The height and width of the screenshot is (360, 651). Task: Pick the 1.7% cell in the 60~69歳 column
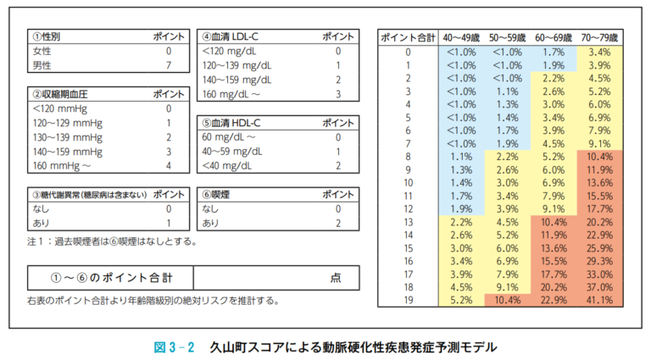tap(553, 52)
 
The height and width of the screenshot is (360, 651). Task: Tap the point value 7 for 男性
tap(169, 64)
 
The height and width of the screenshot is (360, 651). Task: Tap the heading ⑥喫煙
tap(215, 194)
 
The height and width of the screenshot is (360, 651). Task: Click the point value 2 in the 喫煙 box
tap(337, 223)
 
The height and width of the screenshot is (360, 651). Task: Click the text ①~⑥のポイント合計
tap(109, 277)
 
